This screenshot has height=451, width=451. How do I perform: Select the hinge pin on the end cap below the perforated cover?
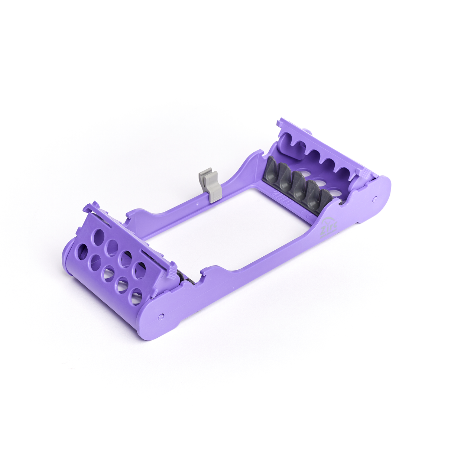[161, 317]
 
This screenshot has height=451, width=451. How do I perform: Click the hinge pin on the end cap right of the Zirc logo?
[374, 198]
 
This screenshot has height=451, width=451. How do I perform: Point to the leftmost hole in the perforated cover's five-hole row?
[82, 252]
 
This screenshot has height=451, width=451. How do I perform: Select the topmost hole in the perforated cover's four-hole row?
[99, 236]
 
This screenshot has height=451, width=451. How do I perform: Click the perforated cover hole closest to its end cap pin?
[136, 296]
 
